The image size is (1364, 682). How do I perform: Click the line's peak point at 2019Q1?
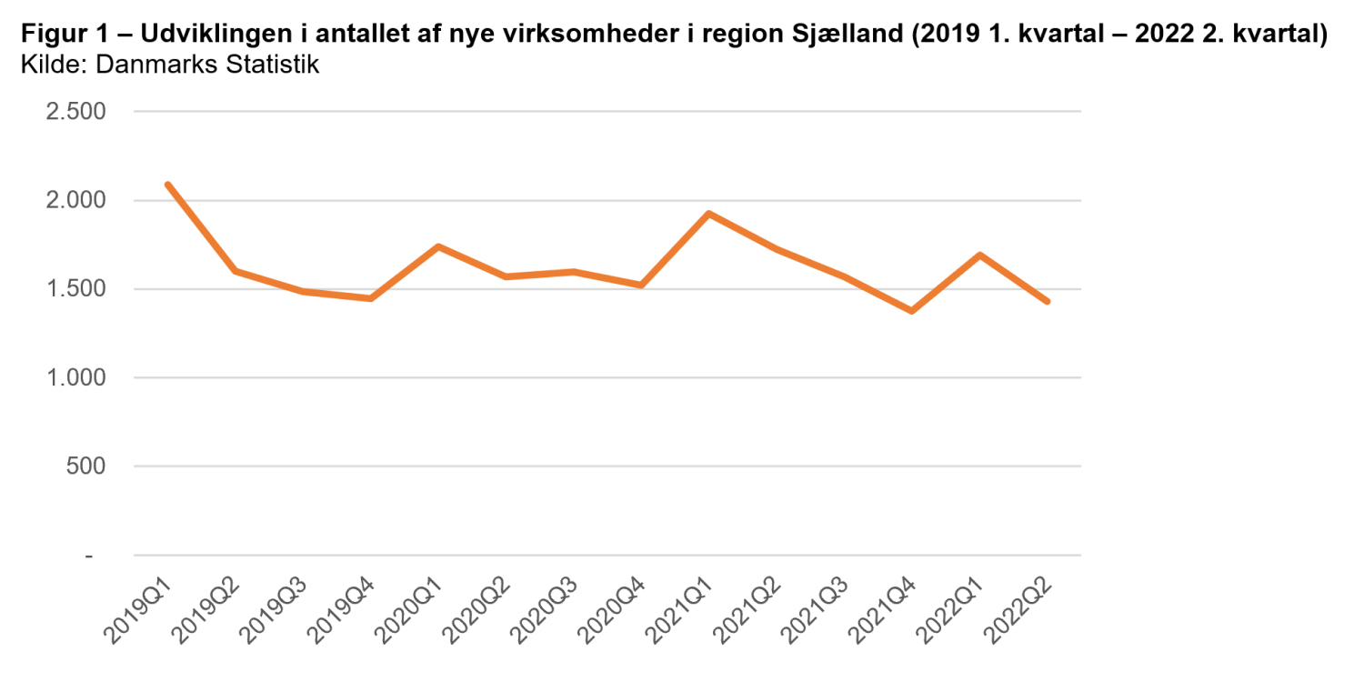pyautogui.click(x=168, y=185)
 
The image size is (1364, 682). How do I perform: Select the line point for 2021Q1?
pyautogui.click(x=709, y=214)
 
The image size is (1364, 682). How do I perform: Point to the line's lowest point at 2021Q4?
pyautogui.click(x=911, y=311)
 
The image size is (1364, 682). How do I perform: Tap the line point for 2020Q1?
pyautogui.click(x=438, y=246)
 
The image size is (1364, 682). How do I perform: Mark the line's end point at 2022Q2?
pyautogui.click(x=1047, y=301)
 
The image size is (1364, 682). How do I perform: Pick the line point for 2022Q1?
pyautogui.click(x=979, y=255)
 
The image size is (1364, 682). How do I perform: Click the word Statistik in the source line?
pyautogui.click(x=273, y=65)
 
